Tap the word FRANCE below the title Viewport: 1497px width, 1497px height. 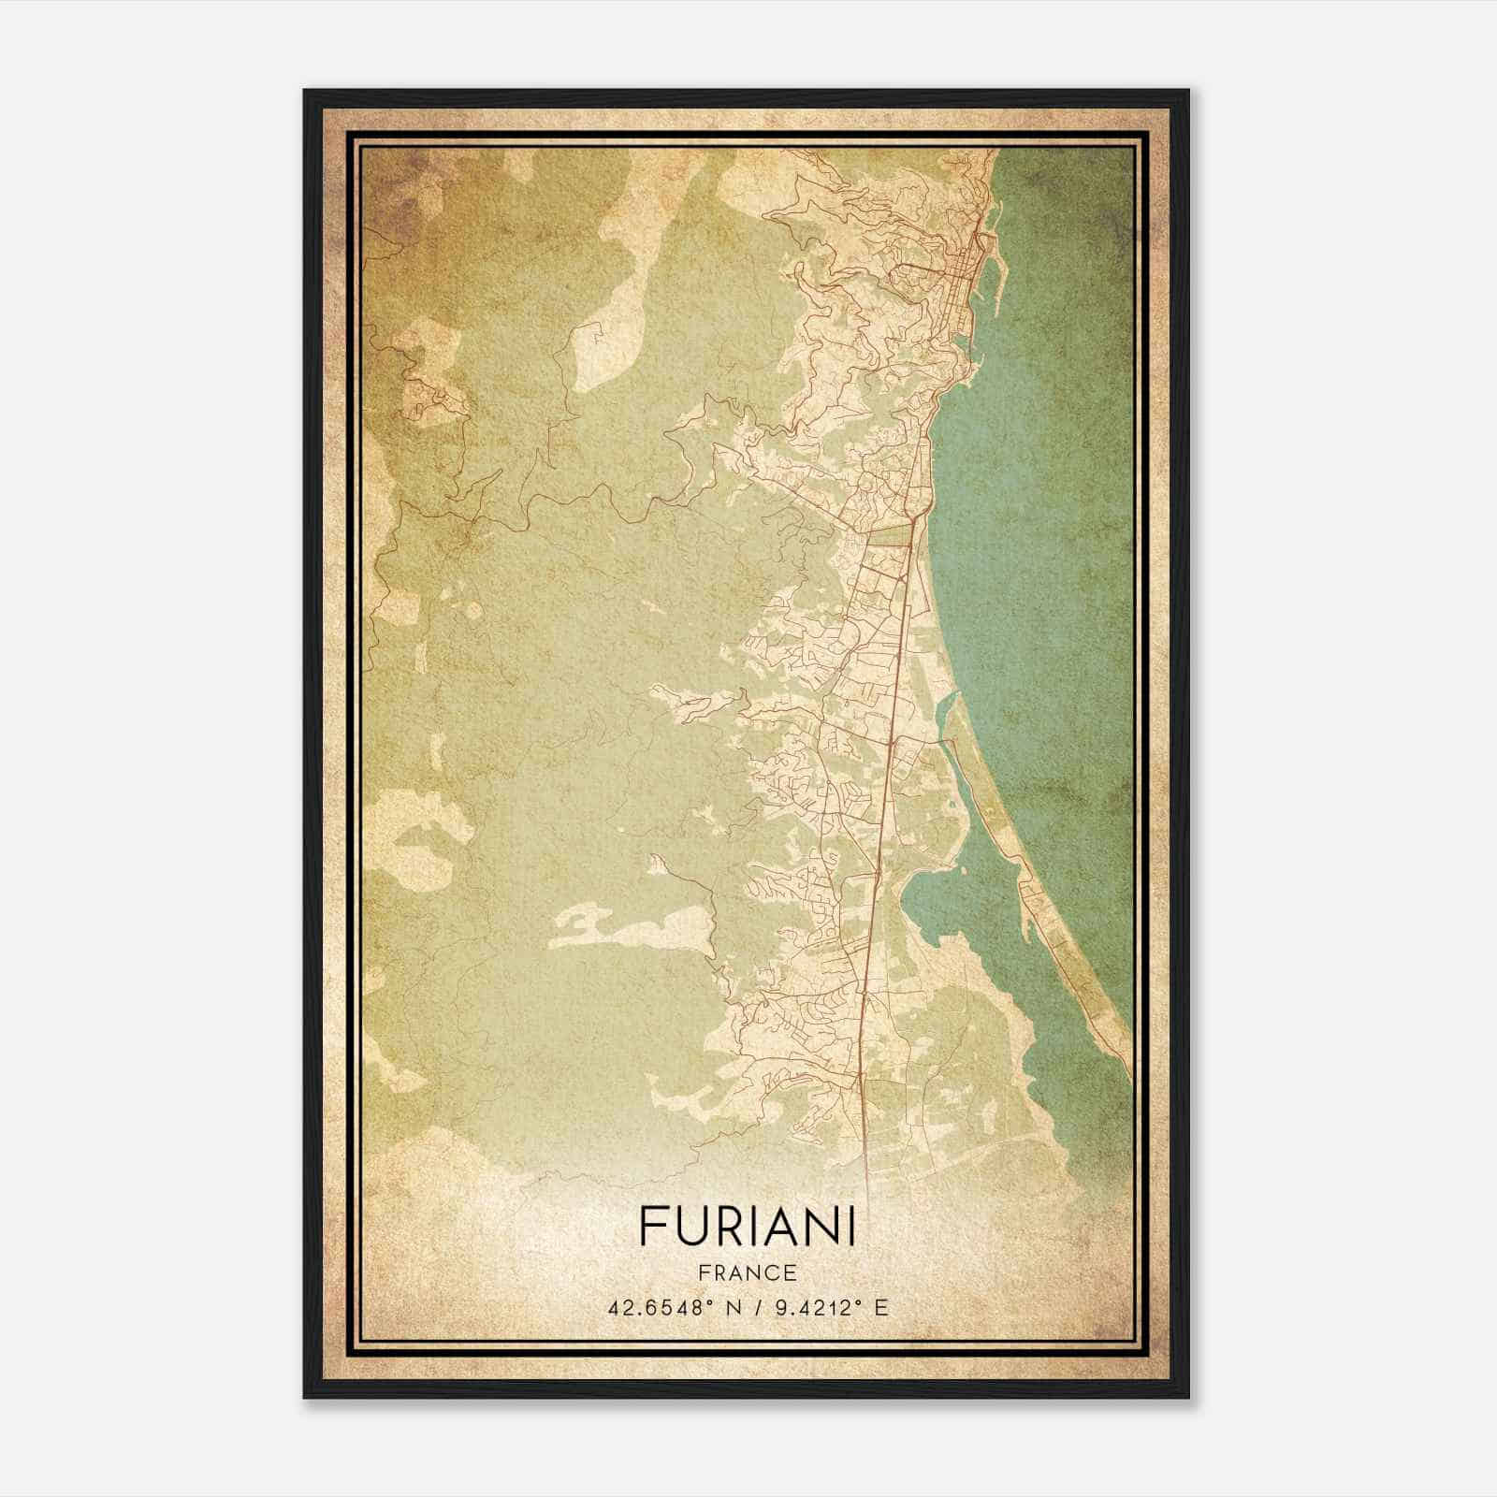click(747, 1273)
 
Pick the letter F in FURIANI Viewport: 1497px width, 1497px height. click(651, 1226)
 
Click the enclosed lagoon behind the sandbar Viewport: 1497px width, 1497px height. click(973, 898)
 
